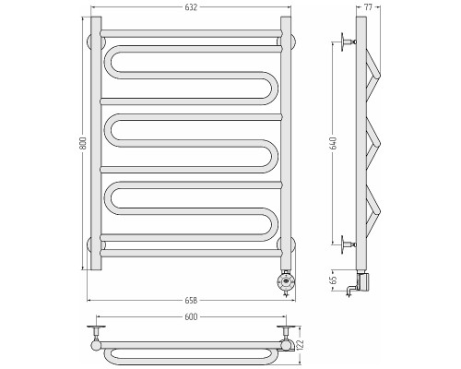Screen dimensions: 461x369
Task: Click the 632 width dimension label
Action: [x=191, y=7]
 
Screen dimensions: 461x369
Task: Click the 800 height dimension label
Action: [x=83, y=143]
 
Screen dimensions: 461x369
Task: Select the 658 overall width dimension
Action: [x=191, y=300]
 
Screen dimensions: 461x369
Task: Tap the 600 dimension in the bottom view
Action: [x=191, y=316]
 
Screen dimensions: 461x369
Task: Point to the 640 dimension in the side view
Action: [x=334, y=143]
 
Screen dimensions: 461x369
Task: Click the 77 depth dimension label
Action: [x=368, y=7]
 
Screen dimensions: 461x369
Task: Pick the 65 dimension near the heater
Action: [x=334, y=280]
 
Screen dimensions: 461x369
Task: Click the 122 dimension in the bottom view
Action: [x=301, y=344]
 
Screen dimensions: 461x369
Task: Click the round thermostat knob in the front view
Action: [x=286, y=281]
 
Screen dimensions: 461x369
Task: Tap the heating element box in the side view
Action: [x=362, y=281]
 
